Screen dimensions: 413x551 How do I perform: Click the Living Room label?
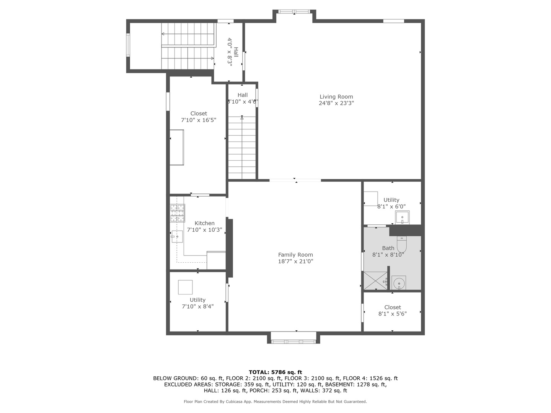(x=336, y=97)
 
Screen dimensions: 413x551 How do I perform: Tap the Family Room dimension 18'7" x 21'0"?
(x=295, y=262)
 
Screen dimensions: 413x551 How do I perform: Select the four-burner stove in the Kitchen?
(x=177, y=213)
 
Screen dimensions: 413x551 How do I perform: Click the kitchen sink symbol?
(x=177, y=236)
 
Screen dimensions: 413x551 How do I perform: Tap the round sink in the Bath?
(x=399, y=283)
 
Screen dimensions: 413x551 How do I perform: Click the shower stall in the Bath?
(x=375, y=281)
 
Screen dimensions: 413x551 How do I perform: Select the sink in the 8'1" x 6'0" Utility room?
(x=402, y=217)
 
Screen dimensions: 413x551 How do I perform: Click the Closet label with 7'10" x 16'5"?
(x=199, y=114)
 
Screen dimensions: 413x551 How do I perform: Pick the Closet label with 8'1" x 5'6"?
(x=393, y=307)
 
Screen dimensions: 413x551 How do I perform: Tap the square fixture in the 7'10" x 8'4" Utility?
(x=185, y=287)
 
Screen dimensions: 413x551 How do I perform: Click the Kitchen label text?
(x=204, y=223)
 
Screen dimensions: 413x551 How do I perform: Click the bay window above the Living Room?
(x=294, y=12)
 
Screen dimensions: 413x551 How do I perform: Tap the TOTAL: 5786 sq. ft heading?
(x=275, y=372)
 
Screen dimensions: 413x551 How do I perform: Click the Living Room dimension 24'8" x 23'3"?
(x=336, y=103)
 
